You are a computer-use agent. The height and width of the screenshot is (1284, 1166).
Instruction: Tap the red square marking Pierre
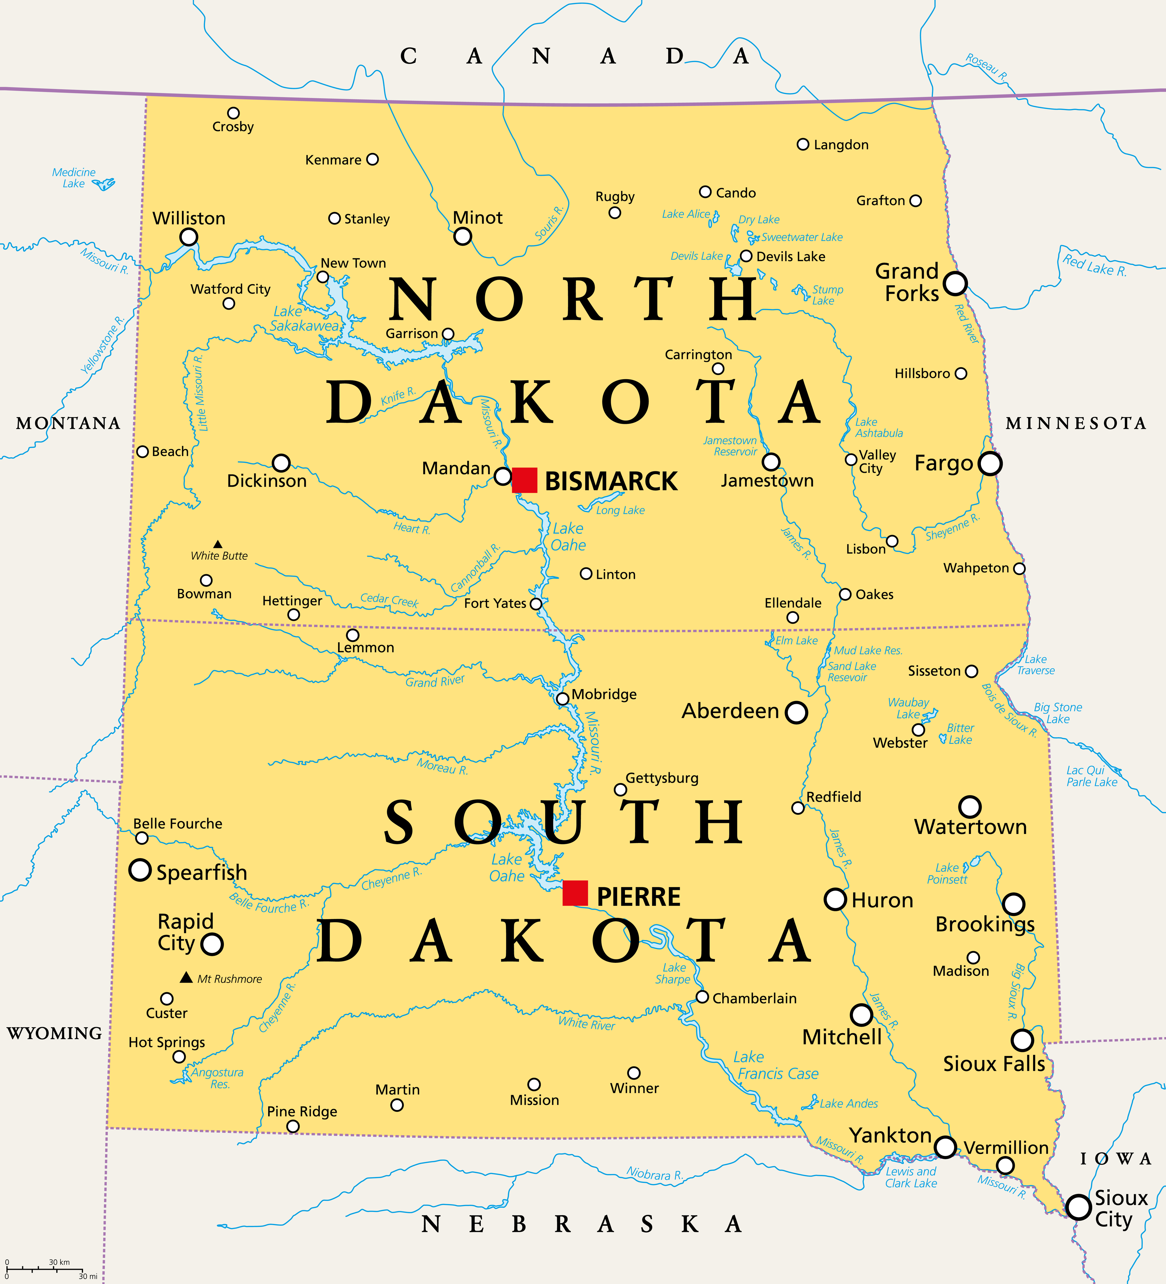[575, 893]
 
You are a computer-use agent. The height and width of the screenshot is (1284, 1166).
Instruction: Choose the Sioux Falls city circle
[1022, 1040]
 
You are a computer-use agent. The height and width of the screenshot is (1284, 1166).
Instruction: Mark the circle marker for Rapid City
[212, 944]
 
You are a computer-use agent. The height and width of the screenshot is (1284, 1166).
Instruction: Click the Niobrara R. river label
[654, 1174]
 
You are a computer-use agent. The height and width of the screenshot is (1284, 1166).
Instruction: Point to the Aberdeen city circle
[796, 712]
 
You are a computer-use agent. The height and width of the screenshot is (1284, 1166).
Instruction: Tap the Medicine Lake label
[74, 178]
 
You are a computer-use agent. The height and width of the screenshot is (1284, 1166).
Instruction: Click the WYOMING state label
[54, 1033]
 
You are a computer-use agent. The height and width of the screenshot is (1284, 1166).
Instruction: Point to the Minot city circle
[462, 236]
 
